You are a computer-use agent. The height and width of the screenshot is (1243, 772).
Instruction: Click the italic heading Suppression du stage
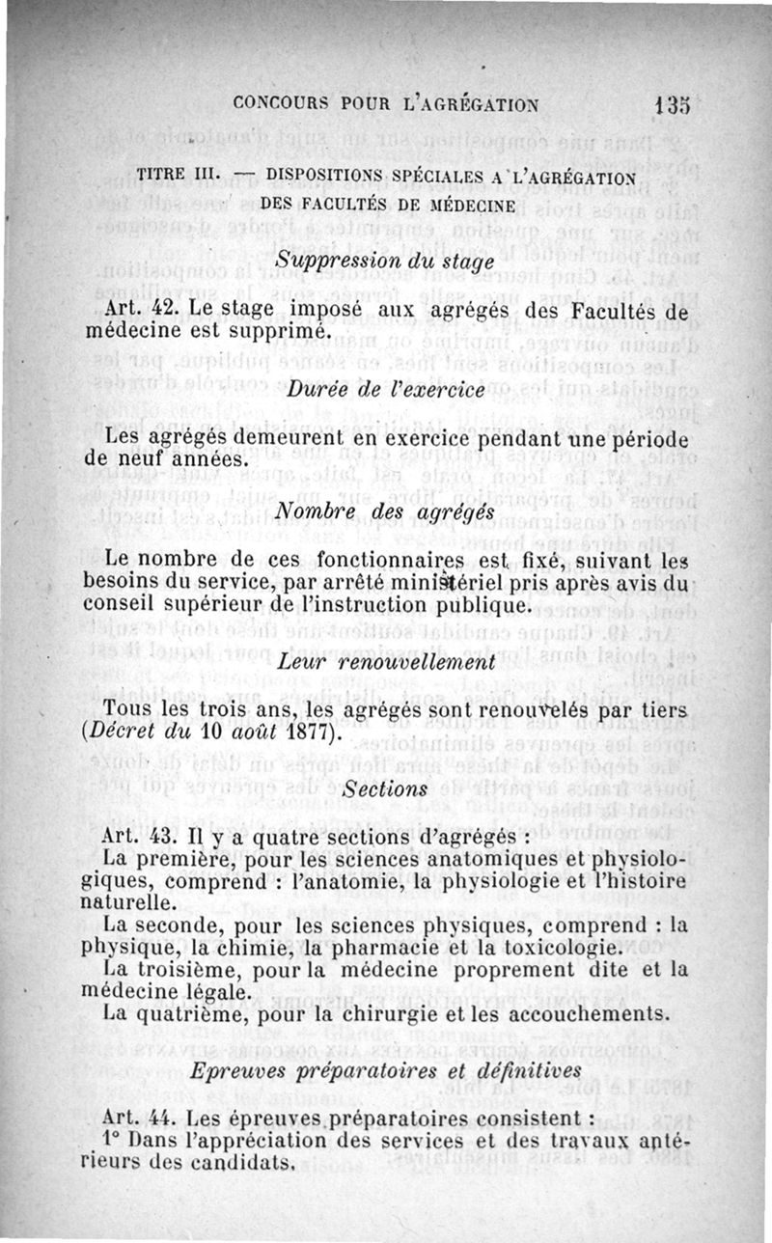(x=384, y=260)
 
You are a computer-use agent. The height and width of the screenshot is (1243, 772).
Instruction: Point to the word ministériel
(x=447, y=583)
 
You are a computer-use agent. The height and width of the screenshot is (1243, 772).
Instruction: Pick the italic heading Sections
(x=385, y=787)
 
